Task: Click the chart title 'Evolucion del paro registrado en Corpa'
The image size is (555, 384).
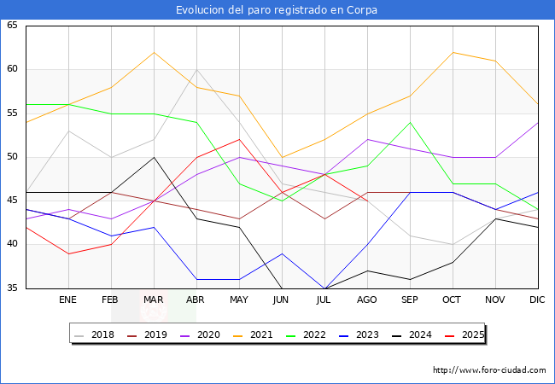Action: (277, 10)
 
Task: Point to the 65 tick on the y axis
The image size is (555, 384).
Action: (12, 26)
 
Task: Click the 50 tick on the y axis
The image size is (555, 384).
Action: (12, 157)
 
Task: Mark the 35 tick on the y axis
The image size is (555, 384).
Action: (12, 288)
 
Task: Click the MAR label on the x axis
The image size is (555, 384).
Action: (154, 300)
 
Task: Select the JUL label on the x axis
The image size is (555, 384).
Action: (324, 300)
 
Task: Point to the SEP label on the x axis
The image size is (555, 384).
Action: (410, 300)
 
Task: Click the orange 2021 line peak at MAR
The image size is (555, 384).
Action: (154, 52)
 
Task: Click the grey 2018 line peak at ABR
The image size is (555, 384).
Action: (196, 70)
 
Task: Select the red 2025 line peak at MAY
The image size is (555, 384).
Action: (239, 139)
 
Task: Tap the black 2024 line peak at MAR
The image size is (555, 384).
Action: (154, 157)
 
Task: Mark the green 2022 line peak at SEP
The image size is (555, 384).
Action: (410, 122)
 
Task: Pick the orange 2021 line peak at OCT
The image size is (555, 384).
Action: (453, 52)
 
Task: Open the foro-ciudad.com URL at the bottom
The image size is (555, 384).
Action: (489, 370)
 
